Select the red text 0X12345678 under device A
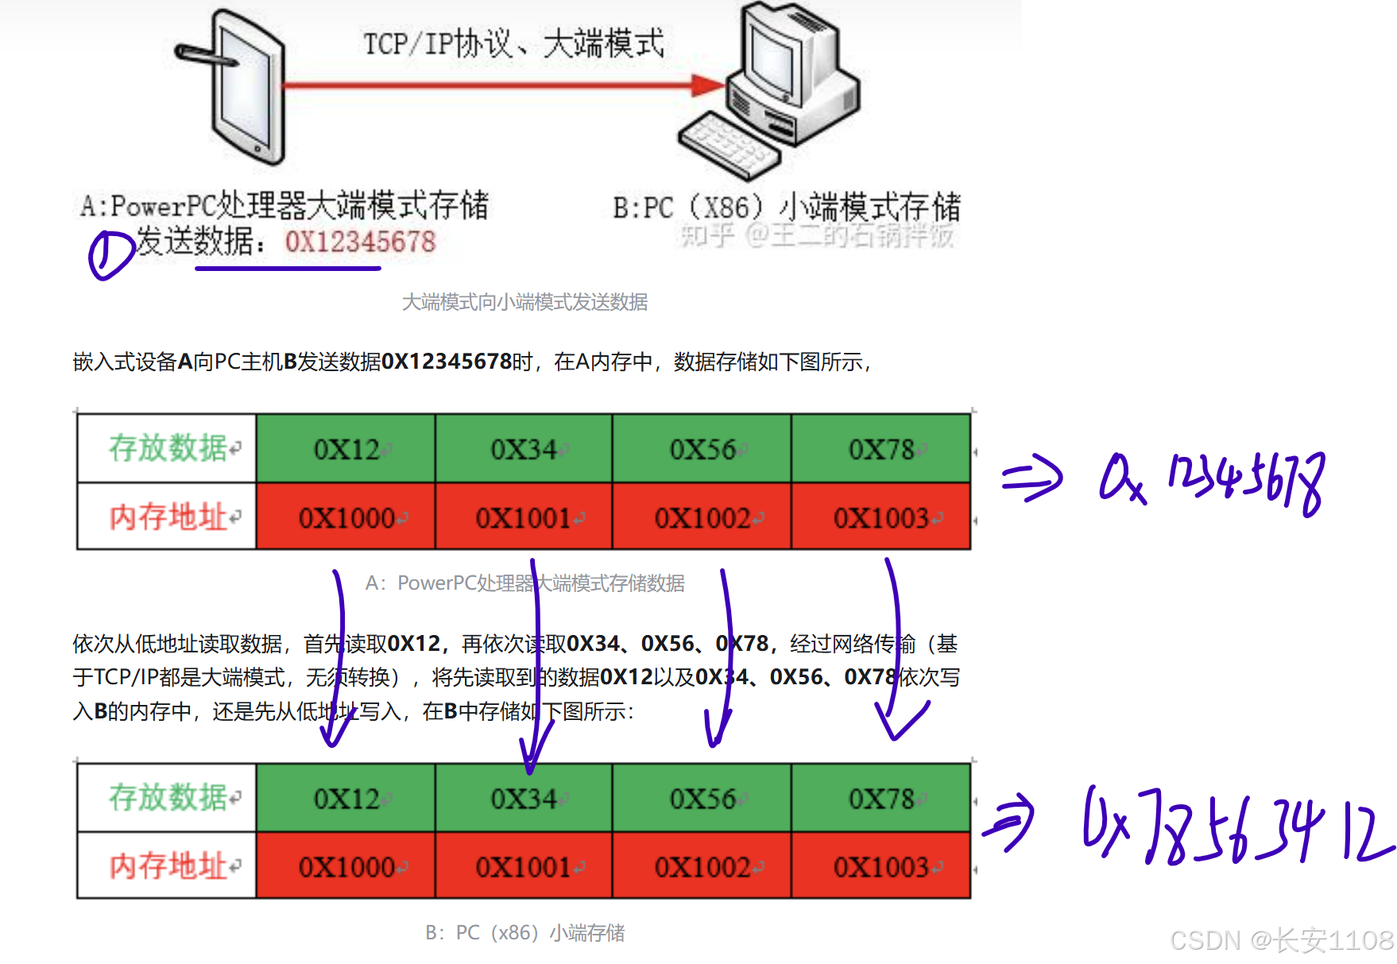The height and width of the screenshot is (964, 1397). [x=360, y=242]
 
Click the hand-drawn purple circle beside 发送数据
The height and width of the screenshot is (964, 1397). [x=109, y=254]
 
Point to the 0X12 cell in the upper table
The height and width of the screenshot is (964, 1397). [x=346, y=449]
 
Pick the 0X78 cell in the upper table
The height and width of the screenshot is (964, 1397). [x=880, y=449]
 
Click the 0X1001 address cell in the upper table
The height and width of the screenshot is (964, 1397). [x=524, y=518]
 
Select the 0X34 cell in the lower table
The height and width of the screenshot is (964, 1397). [x=524, y=798]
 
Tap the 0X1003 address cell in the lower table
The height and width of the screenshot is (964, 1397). [x=880, y=867]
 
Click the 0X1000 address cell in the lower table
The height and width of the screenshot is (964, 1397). [x=346, y=867]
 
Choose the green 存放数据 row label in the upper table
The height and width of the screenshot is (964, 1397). [x=168, y=448]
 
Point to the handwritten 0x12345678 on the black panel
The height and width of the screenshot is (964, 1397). [x=1212, y=481]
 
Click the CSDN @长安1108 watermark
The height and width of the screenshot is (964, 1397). [x=1280, y=939]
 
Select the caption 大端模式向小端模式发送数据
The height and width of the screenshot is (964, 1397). [x=524, y=302]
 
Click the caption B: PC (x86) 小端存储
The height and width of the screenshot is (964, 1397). [x=524, y=932]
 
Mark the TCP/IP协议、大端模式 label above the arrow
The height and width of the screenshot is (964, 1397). [x=513, y=44]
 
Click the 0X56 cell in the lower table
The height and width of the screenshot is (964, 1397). [x=702, y=798]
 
